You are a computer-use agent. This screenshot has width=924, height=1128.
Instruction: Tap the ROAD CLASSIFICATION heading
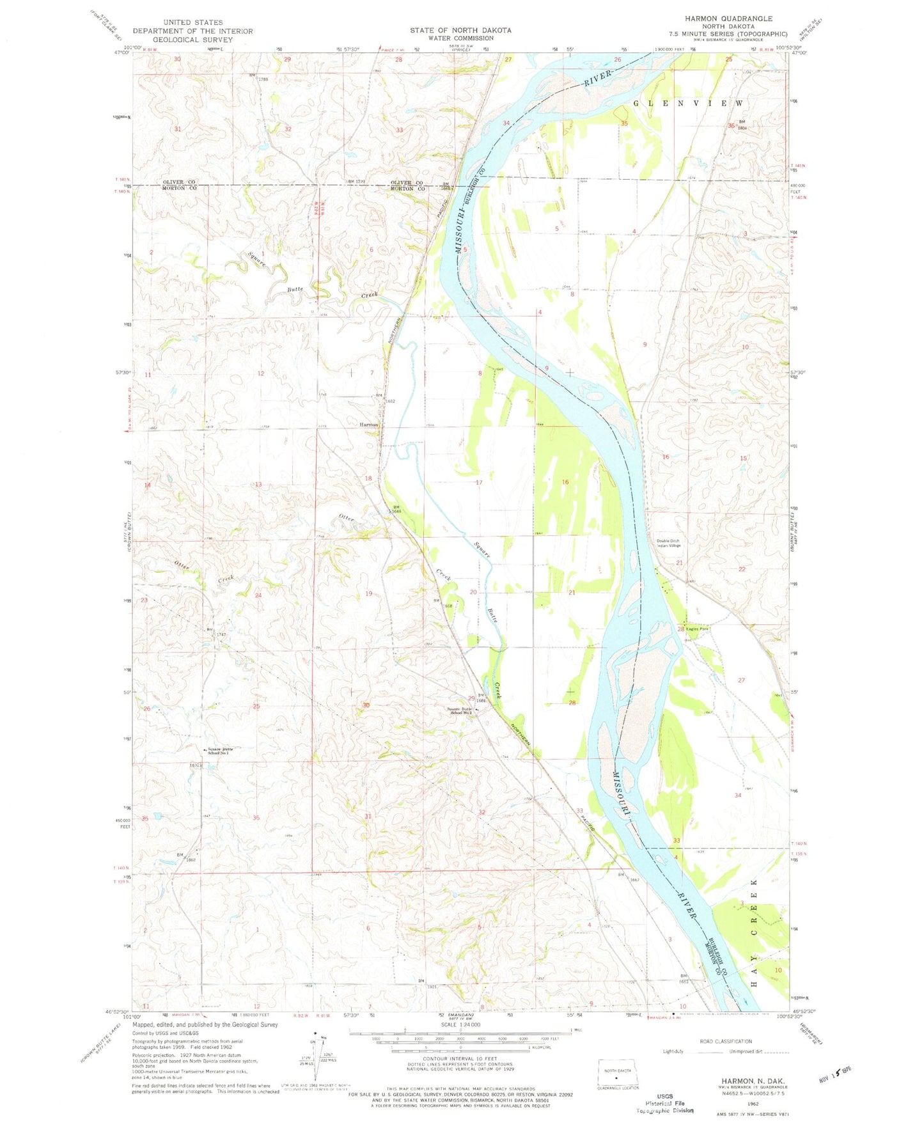[x=725, y=1041]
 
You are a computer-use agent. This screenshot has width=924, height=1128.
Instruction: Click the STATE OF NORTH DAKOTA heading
[x=460, y=30]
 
